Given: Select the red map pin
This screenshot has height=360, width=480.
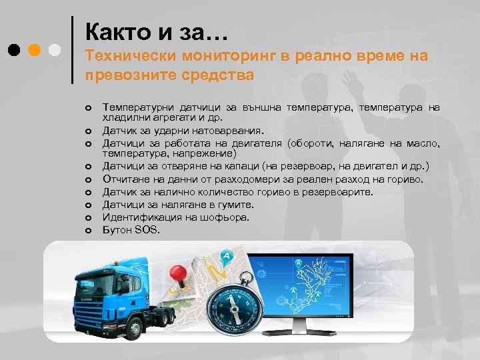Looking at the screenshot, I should coord(178,275).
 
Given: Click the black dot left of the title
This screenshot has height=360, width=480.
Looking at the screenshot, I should coord(14,50).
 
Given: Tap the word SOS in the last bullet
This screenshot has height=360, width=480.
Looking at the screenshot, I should coord(147,230).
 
